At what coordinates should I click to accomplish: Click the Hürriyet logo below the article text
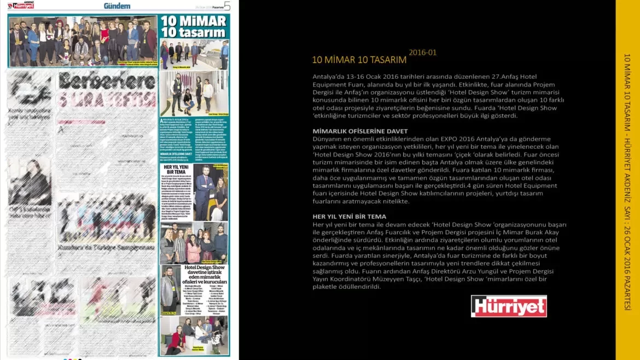[x=509, y=306]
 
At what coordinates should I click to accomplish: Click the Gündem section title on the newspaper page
[x=117, y=6]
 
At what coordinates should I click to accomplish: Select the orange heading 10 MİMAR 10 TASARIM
[x=359, y=60]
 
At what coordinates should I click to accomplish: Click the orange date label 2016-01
[x=422, y=53]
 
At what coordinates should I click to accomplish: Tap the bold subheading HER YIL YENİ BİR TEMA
[x=350, y=217]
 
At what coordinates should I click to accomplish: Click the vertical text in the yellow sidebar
[x=627, y=181]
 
